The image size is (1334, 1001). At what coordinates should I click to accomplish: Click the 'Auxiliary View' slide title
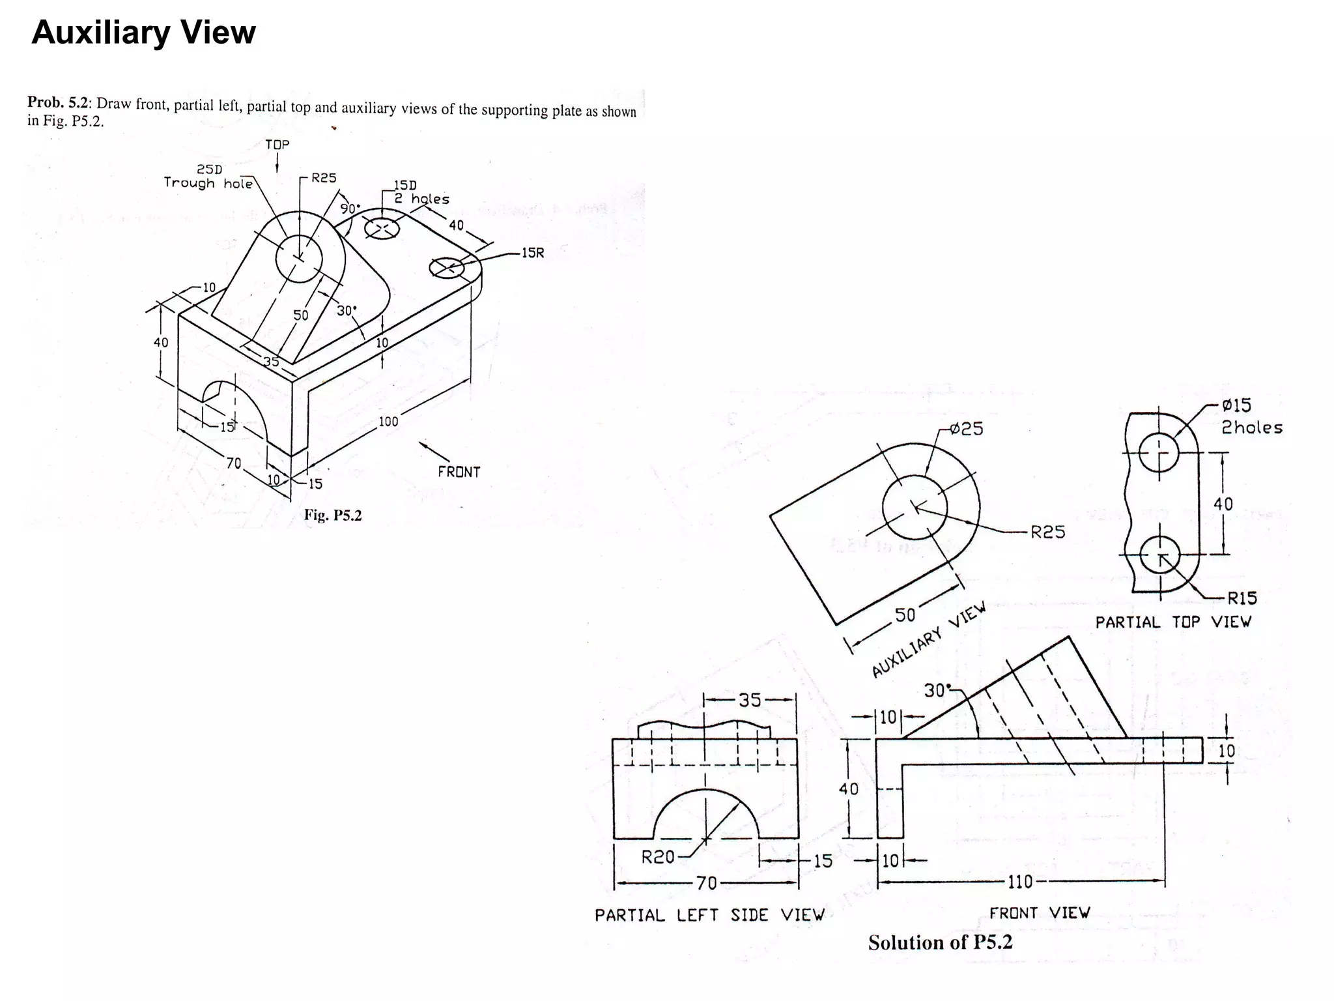point(143,33)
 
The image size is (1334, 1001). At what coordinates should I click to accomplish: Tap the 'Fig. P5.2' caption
point(332,515)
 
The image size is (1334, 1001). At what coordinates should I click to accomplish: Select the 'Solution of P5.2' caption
point(940,942)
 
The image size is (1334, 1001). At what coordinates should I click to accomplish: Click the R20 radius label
point(658,857)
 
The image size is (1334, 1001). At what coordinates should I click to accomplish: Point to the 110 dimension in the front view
point(1020,882)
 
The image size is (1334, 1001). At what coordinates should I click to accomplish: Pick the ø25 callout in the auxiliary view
point(966,429)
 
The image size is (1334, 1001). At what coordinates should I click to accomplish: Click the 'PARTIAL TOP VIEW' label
point(1172,622)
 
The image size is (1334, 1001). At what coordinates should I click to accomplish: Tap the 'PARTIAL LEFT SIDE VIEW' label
point(709,915)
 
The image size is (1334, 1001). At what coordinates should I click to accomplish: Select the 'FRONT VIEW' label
point(1039,912)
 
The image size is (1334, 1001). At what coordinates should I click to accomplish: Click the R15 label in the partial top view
point(1242,598)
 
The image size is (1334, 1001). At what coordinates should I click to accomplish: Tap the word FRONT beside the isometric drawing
point(459,472)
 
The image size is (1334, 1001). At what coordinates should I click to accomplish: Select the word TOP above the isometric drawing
point(277,144)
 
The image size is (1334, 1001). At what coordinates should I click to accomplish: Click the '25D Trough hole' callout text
point(208,177)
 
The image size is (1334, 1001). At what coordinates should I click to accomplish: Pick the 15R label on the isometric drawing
point(532,253)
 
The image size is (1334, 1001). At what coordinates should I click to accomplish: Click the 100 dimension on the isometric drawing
point(388,421)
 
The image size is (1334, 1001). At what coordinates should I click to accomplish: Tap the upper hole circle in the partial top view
point(1159,452)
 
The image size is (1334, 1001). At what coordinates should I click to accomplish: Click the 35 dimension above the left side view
point(750,700)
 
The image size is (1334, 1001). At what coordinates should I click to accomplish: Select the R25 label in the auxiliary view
point(1047,532)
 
